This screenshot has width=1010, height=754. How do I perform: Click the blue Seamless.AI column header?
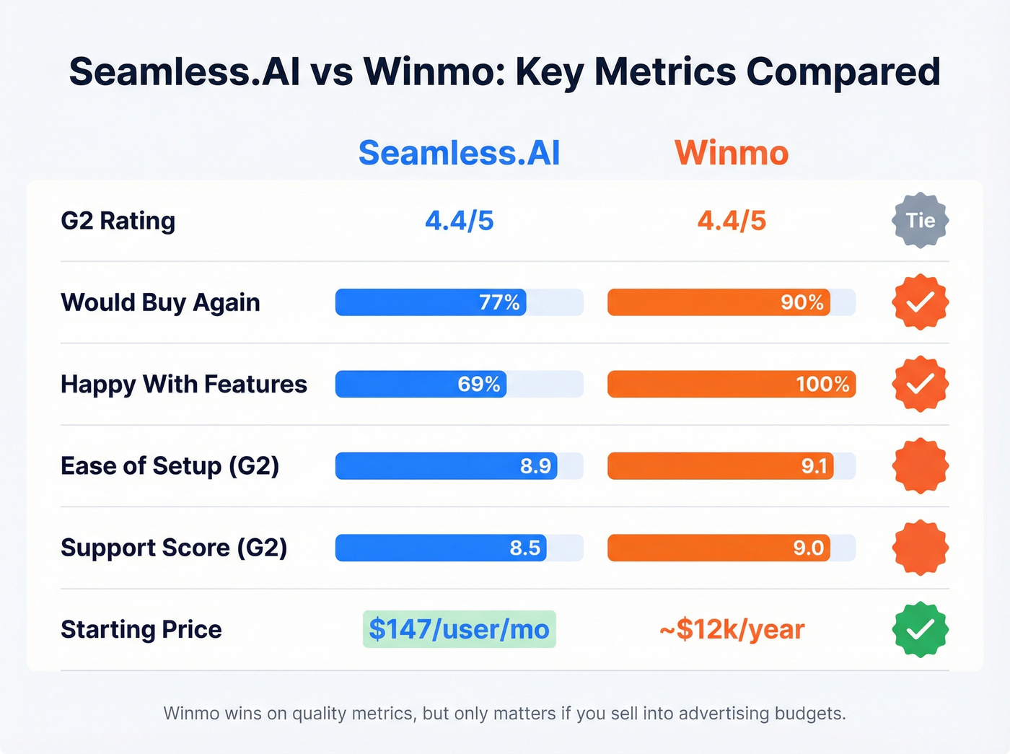pos(459,153)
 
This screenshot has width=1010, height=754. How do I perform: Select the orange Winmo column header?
pos(732,153)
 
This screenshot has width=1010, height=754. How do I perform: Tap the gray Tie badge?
pos(921,221)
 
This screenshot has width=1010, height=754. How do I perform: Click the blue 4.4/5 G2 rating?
pos(459,221)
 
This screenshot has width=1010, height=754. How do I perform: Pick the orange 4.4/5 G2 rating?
pos(732,221)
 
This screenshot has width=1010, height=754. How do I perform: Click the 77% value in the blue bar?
pos(499,302)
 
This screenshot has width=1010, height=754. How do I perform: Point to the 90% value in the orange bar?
pos(802,302)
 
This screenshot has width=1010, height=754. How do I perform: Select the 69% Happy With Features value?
pos(479,384)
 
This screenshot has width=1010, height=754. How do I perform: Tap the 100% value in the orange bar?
pos(822,384)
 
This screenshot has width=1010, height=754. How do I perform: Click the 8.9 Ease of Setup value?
pos(535,466)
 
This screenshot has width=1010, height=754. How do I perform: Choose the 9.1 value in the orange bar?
pos(814,466)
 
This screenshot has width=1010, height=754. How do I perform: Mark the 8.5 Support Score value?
pos(524,548)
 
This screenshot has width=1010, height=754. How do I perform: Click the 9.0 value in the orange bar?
pos(808,548)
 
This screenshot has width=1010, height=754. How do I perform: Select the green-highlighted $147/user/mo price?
pos(459,629)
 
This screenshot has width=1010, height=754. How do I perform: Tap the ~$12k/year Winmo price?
pos(732,629)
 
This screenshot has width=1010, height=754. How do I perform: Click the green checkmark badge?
pos(921,629)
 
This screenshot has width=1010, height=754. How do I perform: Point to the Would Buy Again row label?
pos(160,302)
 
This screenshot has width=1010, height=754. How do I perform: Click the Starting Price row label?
pos(141,629)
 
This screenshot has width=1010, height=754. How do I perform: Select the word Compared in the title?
pos(843,72)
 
